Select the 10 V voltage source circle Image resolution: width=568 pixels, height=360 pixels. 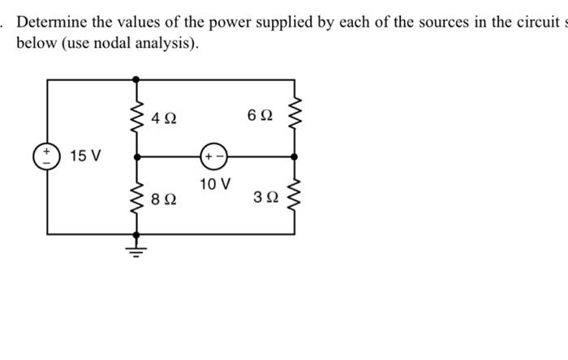click(213, 155)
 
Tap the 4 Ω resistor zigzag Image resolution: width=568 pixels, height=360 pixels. click(135, 117)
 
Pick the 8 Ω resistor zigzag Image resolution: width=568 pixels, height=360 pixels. click(135, 195)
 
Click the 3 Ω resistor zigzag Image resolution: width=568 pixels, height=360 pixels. click(295, 195)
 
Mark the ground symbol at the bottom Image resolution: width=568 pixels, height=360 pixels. click(135, 246)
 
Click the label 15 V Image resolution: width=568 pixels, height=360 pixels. click(85, 155)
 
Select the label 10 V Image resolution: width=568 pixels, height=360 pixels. click(214, 184)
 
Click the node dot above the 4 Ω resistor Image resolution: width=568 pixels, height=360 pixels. click(135, 79)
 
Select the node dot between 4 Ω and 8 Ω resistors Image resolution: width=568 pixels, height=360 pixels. click(135, 155)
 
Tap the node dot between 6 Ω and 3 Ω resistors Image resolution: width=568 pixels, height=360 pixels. click(295, 155)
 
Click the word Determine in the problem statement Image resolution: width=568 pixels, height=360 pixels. click(52, 21)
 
